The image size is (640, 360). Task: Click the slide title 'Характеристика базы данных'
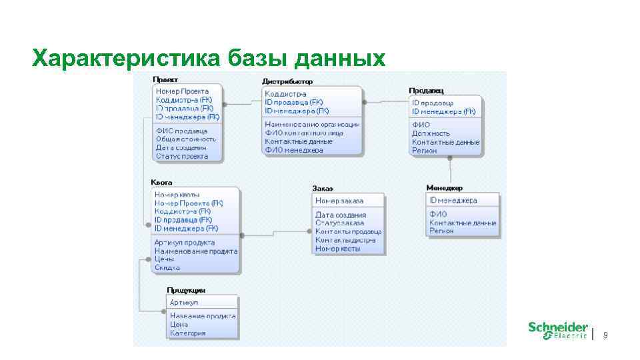[209, 58]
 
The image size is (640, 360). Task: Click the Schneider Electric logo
[558, 330]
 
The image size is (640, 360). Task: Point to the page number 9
[605, 335]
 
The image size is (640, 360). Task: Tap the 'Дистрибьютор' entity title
[287, 81]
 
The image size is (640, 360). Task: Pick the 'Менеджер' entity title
[444, 188]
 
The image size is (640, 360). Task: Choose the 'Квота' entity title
[161, 181]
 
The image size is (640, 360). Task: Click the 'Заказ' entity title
[321, 189]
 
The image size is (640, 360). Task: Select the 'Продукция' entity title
[185, 290]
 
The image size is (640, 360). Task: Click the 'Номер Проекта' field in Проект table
[182, 91]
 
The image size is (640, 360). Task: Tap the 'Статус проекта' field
[181, 156]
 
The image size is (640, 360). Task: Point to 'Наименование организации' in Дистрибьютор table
[312, 125]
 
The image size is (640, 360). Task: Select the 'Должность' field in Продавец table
[431, 133]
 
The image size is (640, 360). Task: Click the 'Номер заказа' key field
[339, 201]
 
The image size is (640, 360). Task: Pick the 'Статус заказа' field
[339, 223]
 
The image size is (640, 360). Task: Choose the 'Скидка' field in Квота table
[167, 267]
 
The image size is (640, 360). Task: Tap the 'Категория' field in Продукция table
[187, 333]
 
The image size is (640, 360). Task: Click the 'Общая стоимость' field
[186, 139]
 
